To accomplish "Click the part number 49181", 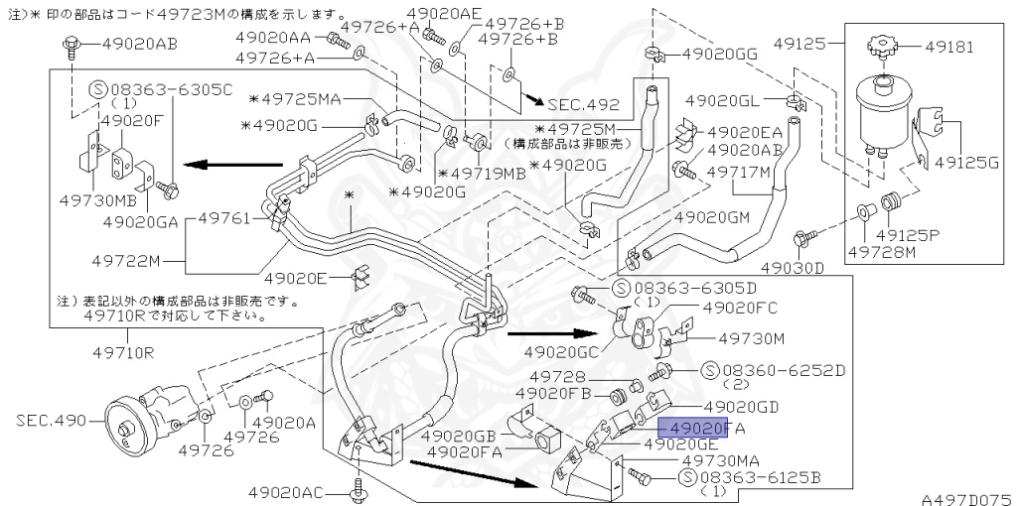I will tap(950, 47).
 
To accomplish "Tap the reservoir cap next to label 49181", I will tap(880, 48).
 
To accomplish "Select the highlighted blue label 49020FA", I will tap(700, 428).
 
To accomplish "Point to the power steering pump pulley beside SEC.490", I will tap(127, 428).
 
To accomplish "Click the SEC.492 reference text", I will tap(583, 104).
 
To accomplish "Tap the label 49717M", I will tap(739, 172).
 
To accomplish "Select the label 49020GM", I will tap(711, 216).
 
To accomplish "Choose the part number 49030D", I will tap(793, 268).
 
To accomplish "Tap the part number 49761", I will tap(227, 216).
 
